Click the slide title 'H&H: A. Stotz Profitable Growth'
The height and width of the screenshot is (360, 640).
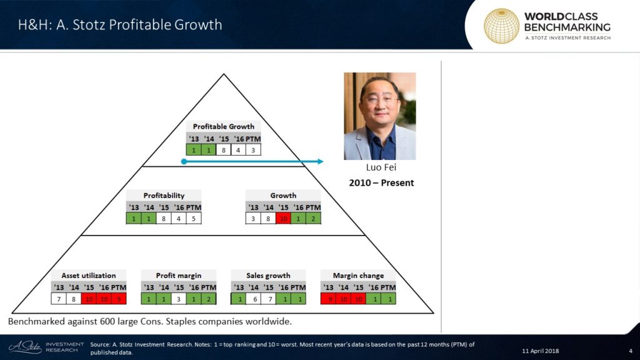pos(120,25)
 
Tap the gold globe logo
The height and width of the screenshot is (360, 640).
pos(501,26)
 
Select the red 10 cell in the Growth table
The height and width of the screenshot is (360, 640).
pos(283,218)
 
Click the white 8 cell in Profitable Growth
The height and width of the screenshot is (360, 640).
pos(223,150)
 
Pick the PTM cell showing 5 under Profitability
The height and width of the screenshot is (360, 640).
pos(194,218)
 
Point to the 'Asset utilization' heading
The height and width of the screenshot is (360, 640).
pos(89,276)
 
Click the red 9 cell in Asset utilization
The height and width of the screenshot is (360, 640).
pos(119,299)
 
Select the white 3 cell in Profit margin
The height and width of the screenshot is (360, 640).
pos(178,299)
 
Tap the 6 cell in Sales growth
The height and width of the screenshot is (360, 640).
pos(255,299)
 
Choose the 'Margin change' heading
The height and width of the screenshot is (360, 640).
pos(358,276)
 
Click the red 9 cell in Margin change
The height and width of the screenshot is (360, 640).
pos(329,299)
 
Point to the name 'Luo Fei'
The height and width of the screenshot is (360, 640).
pos(381,167)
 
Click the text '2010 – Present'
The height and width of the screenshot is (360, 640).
pos(381,183)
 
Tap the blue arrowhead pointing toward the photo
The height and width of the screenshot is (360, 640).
pos(320,162)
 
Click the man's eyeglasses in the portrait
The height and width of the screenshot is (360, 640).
pos(379,100)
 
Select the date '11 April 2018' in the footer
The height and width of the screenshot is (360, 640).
pos(541,351)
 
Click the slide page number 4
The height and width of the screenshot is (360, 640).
pos(631,351)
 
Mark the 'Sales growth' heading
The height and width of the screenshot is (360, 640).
pos(268,276)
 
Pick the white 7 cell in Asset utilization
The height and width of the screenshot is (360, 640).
pos(59,299)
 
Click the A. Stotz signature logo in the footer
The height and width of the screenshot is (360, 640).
pos(25,347)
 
